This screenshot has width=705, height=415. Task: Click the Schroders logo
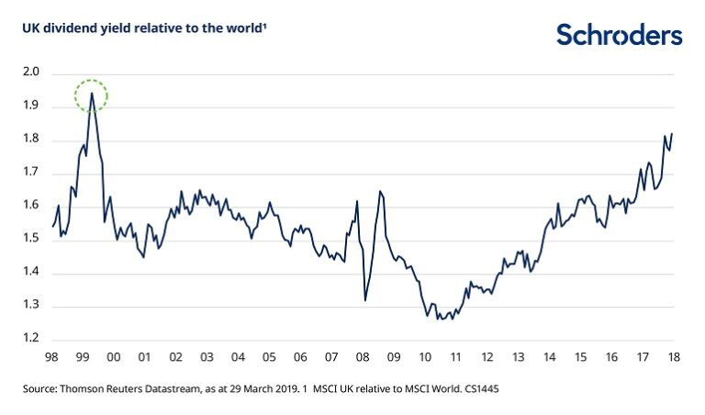tap(619, 35)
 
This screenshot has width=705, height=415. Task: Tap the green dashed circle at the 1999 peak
tap(92, 95)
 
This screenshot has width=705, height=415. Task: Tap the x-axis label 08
tap(363, 356)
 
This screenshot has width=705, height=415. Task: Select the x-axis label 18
tap(675, 356)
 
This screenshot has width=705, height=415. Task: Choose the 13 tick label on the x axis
tap(519, 356)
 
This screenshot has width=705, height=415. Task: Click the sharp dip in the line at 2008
tap(365, 300)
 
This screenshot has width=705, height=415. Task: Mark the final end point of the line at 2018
tap(672, 134)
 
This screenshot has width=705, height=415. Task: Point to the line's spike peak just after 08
tap(380, 191)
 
